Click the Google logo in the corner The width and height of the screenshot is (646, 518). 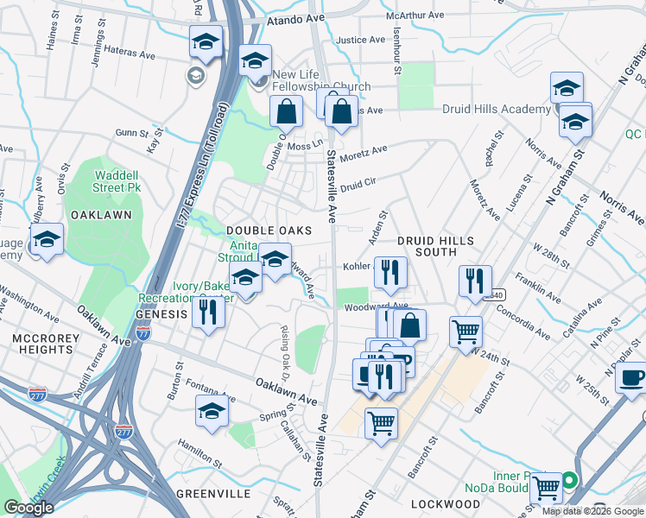[28, 507]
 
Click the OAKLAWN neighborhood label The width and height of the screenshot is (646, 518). [101, 214]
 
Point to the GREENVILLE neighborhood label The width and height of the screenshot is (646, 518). [213, 494]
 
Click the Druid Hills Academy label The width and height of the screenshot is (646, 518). [496, 110]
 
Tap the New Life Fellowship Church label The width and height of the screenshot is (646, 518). [321, 86]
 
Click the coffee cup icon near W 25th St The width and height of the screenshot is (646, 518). [632, 378]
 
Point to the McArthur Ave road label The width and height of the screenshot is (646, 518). [415, 16]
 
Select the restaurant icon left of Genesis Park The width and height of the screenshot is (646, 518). [207, 311]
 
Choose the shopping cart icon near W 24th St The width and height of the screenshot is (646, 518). [465, 332]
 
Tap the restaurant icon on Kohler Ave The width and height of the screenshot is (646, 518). [390, 272]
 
